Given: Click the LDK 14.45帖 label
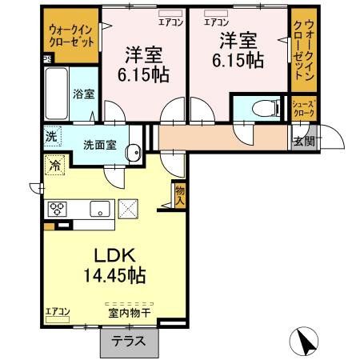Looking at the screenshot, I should [x=121, y=266].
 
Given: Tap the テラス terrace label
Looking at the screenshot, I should [x=129, y=340].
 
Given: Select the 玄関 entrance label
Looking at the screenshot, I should [x=302, y=142].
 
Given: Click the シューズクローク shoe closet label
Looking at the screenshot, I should [x=303, y=110].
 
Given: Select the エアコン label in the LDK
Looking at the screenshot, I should [x=58, y=312].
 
